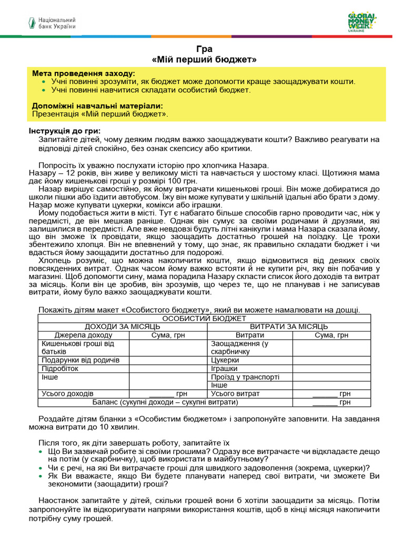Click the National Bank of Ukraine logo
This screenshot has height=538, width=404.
[52, 23]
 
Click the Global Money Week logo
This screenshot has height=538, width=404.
[362, 22]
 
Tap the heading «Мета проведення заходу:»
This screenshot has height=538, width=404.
[83, 73]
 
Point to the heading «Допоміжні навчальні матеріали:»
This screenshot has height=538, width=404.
[97, 105]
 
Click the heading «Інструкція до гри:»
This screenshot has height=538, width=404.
[63, 131]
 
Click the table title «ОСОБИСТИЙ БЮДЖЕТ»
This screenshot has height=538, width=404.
[204, 318]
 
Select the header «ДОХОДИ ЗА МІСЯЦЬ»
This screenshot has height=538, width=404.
[123, 327]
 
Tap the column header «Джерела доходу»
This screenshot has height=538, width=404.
[83, 335]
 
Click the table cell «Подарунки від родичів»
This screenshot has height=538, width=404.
[80, 360]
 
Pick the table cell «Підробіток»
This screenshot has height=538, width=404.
[60, 369]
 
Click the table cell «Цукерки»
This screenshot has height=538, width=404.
[225, 360]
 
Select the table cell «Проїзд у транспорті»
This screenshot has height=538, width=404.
[245, 377]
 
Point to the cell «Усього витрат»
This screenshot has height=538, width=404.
[235, 394]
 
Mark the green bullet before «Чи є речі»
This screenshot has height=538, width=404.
[42, 468]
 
